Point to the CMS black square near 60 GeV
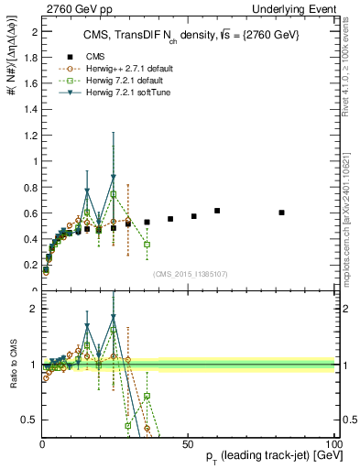pos(217,211)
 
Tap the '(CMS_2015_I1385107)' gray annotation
pos(189,273)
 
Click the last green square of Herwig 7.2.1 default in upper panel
pos(147,245)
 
